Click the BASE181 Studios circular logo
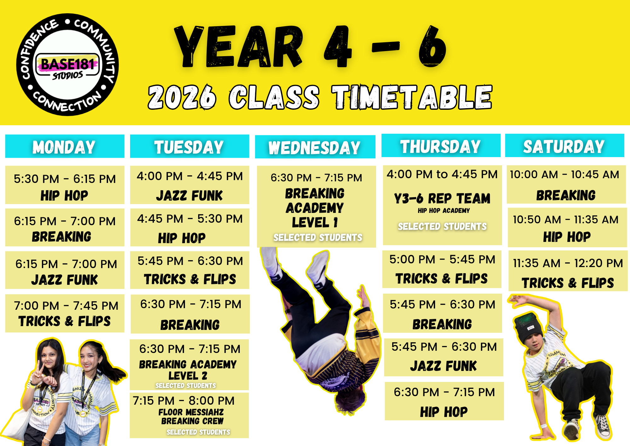click(67, 65)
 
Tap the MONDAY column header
click(65, 146)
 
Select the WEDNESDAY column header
click(315, 147)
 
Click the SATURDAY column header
click(564, 146)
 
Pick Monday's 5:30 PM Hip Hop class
click(65, 185)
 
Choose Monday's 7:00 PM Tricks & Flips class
click(65, 314)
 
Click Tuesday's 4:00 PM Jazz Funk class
click(190, 185)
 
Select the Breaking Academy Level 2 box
click(189, 365)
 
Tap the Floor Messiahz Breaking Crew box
click(189, 415)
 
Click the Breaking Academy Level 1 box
click(317, 207)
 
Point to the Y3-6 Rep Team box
click(442, 205)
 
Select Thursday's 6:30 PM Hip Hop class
click(444, 401)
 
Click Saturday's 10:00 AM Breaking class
click(566, 185)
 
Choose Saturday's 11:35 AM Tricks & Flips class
click(568, 271)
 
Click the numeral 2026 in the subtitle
click(182, 97)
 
